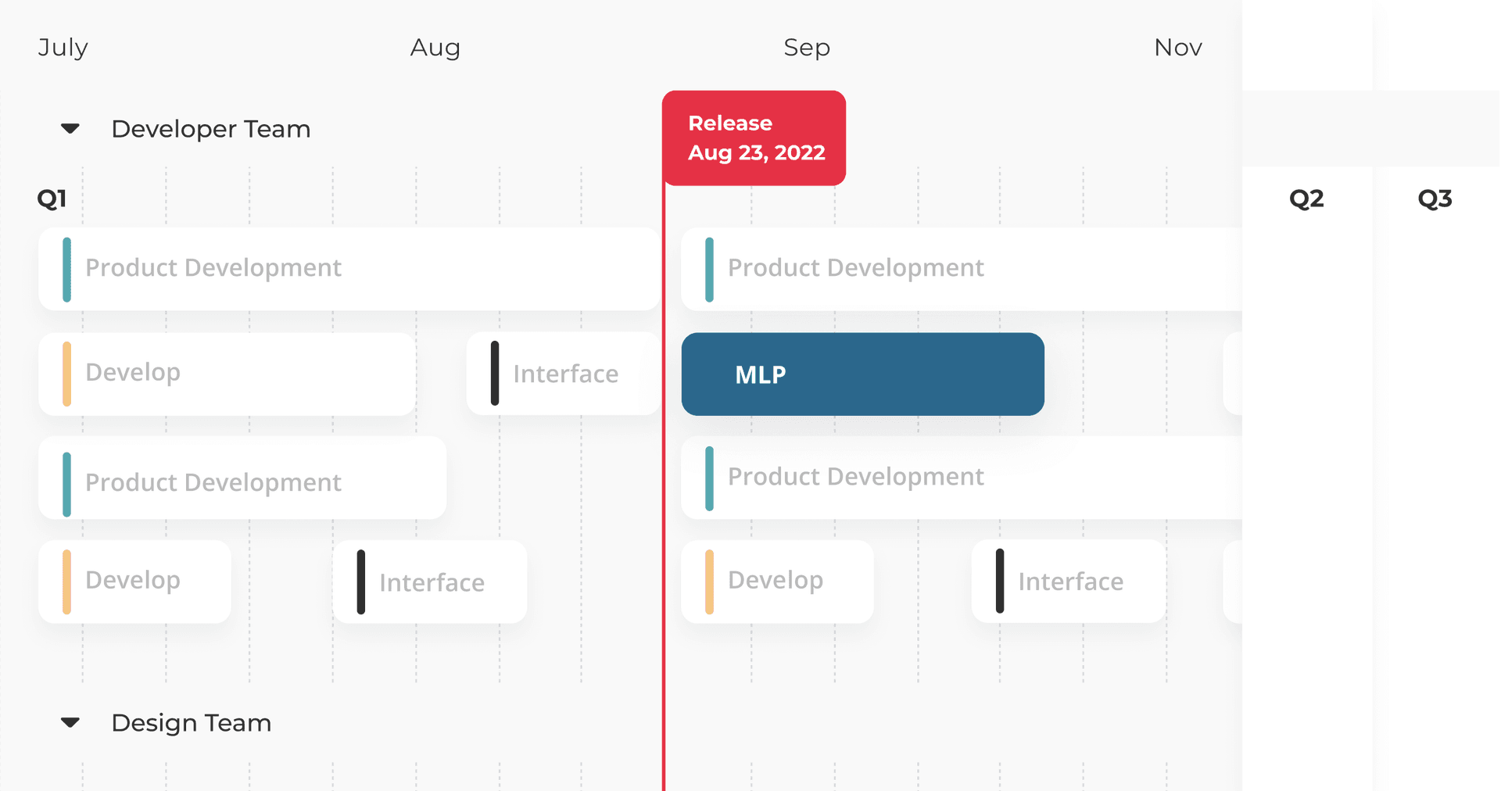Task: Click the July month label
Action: coord(63,48)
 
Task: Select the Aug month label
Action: coord(435,48)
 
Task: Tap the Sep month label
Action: coord(807,48)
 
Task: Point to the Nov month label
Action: coord(1178,48)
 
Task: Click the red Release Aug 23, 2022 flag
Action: coord(754,138)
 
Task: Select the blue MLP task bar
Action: coord(863,374)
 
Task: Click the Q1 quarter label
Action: coord(52,199)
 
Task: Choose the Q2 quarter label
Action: coord(1306,199)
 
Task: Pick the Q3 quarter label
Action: coord(1435,199)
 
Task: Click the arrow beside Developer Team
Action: coord(70,128)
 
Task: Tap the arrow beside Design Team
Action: coord(70,722)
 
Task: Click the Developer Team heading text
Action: coord(211,129)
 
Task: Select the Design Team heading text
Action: coord(192,723)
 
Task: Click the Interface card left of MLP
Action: coord(563,374)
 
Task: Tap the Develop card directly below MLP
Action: coord(777,582)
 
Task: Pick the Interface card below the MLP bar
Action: coord(1068,582)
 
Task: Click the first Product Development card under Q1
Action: coord(349,269)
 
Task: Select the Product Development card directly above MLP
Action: coord(962,269)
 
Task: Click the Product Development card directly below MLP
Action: coord(962,478)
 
